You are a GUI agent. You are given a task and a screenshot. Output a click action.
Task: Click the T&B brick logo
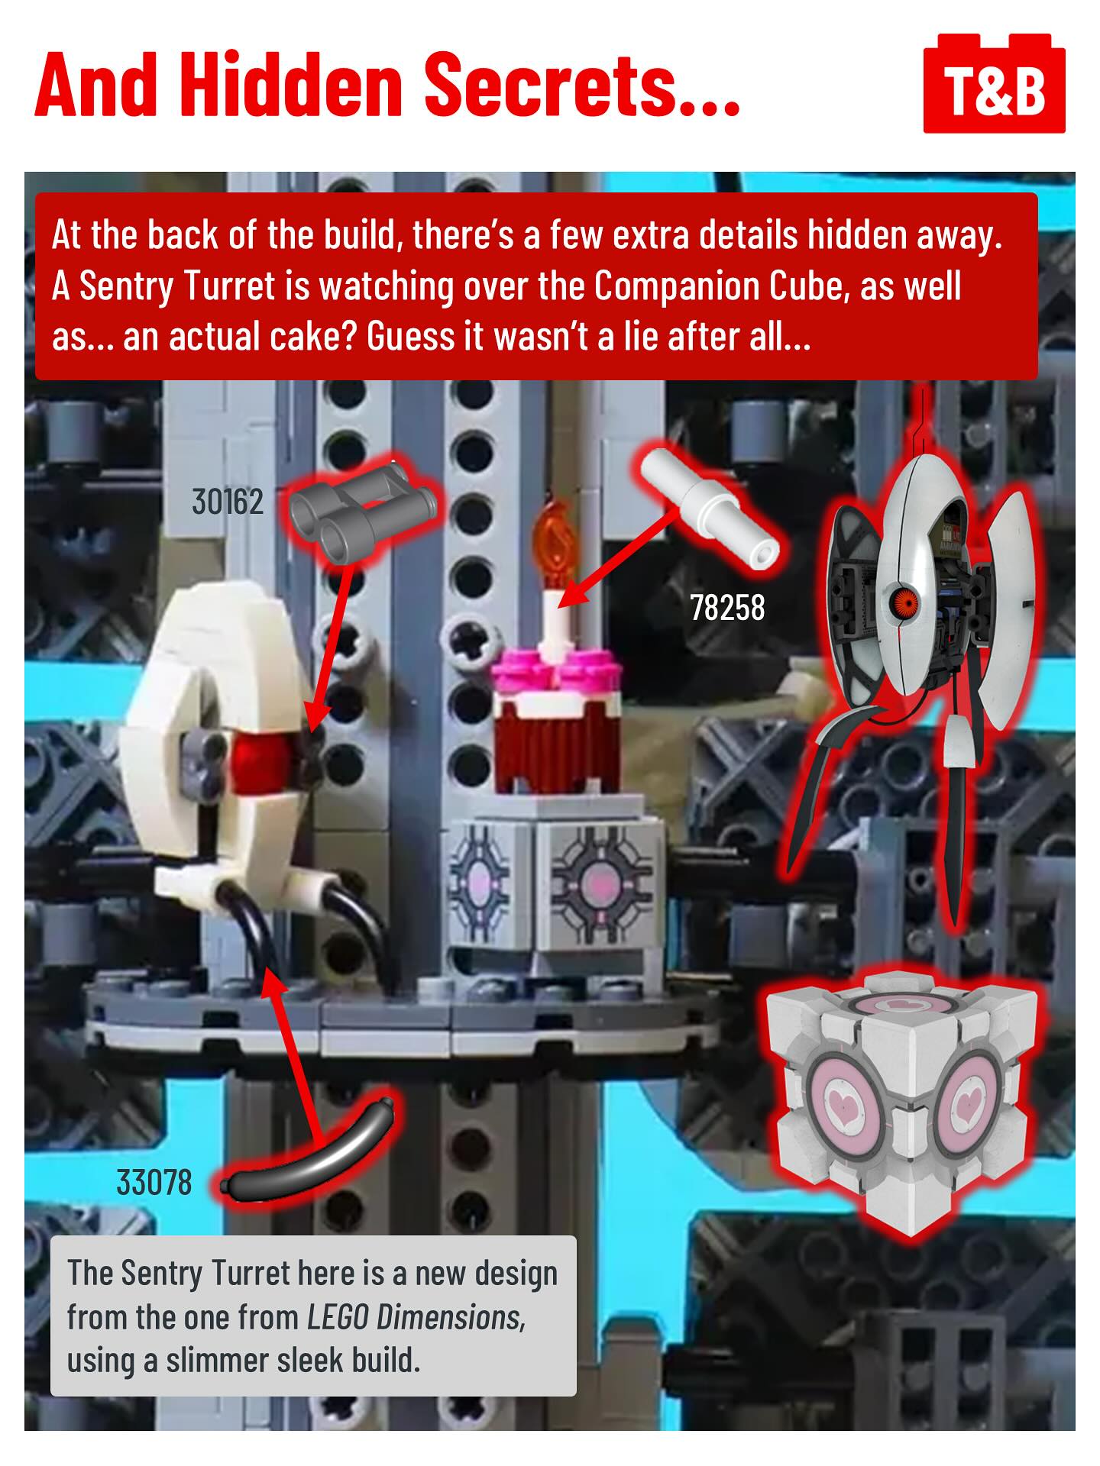(x=994, y=83)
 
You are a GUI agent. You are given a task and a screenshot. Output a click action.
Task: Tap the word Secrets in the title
(x=581, y=84)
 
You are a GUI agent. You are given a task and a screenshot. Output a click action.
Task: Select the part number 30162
(x=228, y=502)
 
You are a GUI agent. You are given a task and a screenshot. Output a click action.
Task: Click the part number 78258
(x=727, y=608)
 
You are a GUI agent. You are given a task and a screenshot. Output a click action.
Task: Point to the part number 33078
(x=154, y=1183)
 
